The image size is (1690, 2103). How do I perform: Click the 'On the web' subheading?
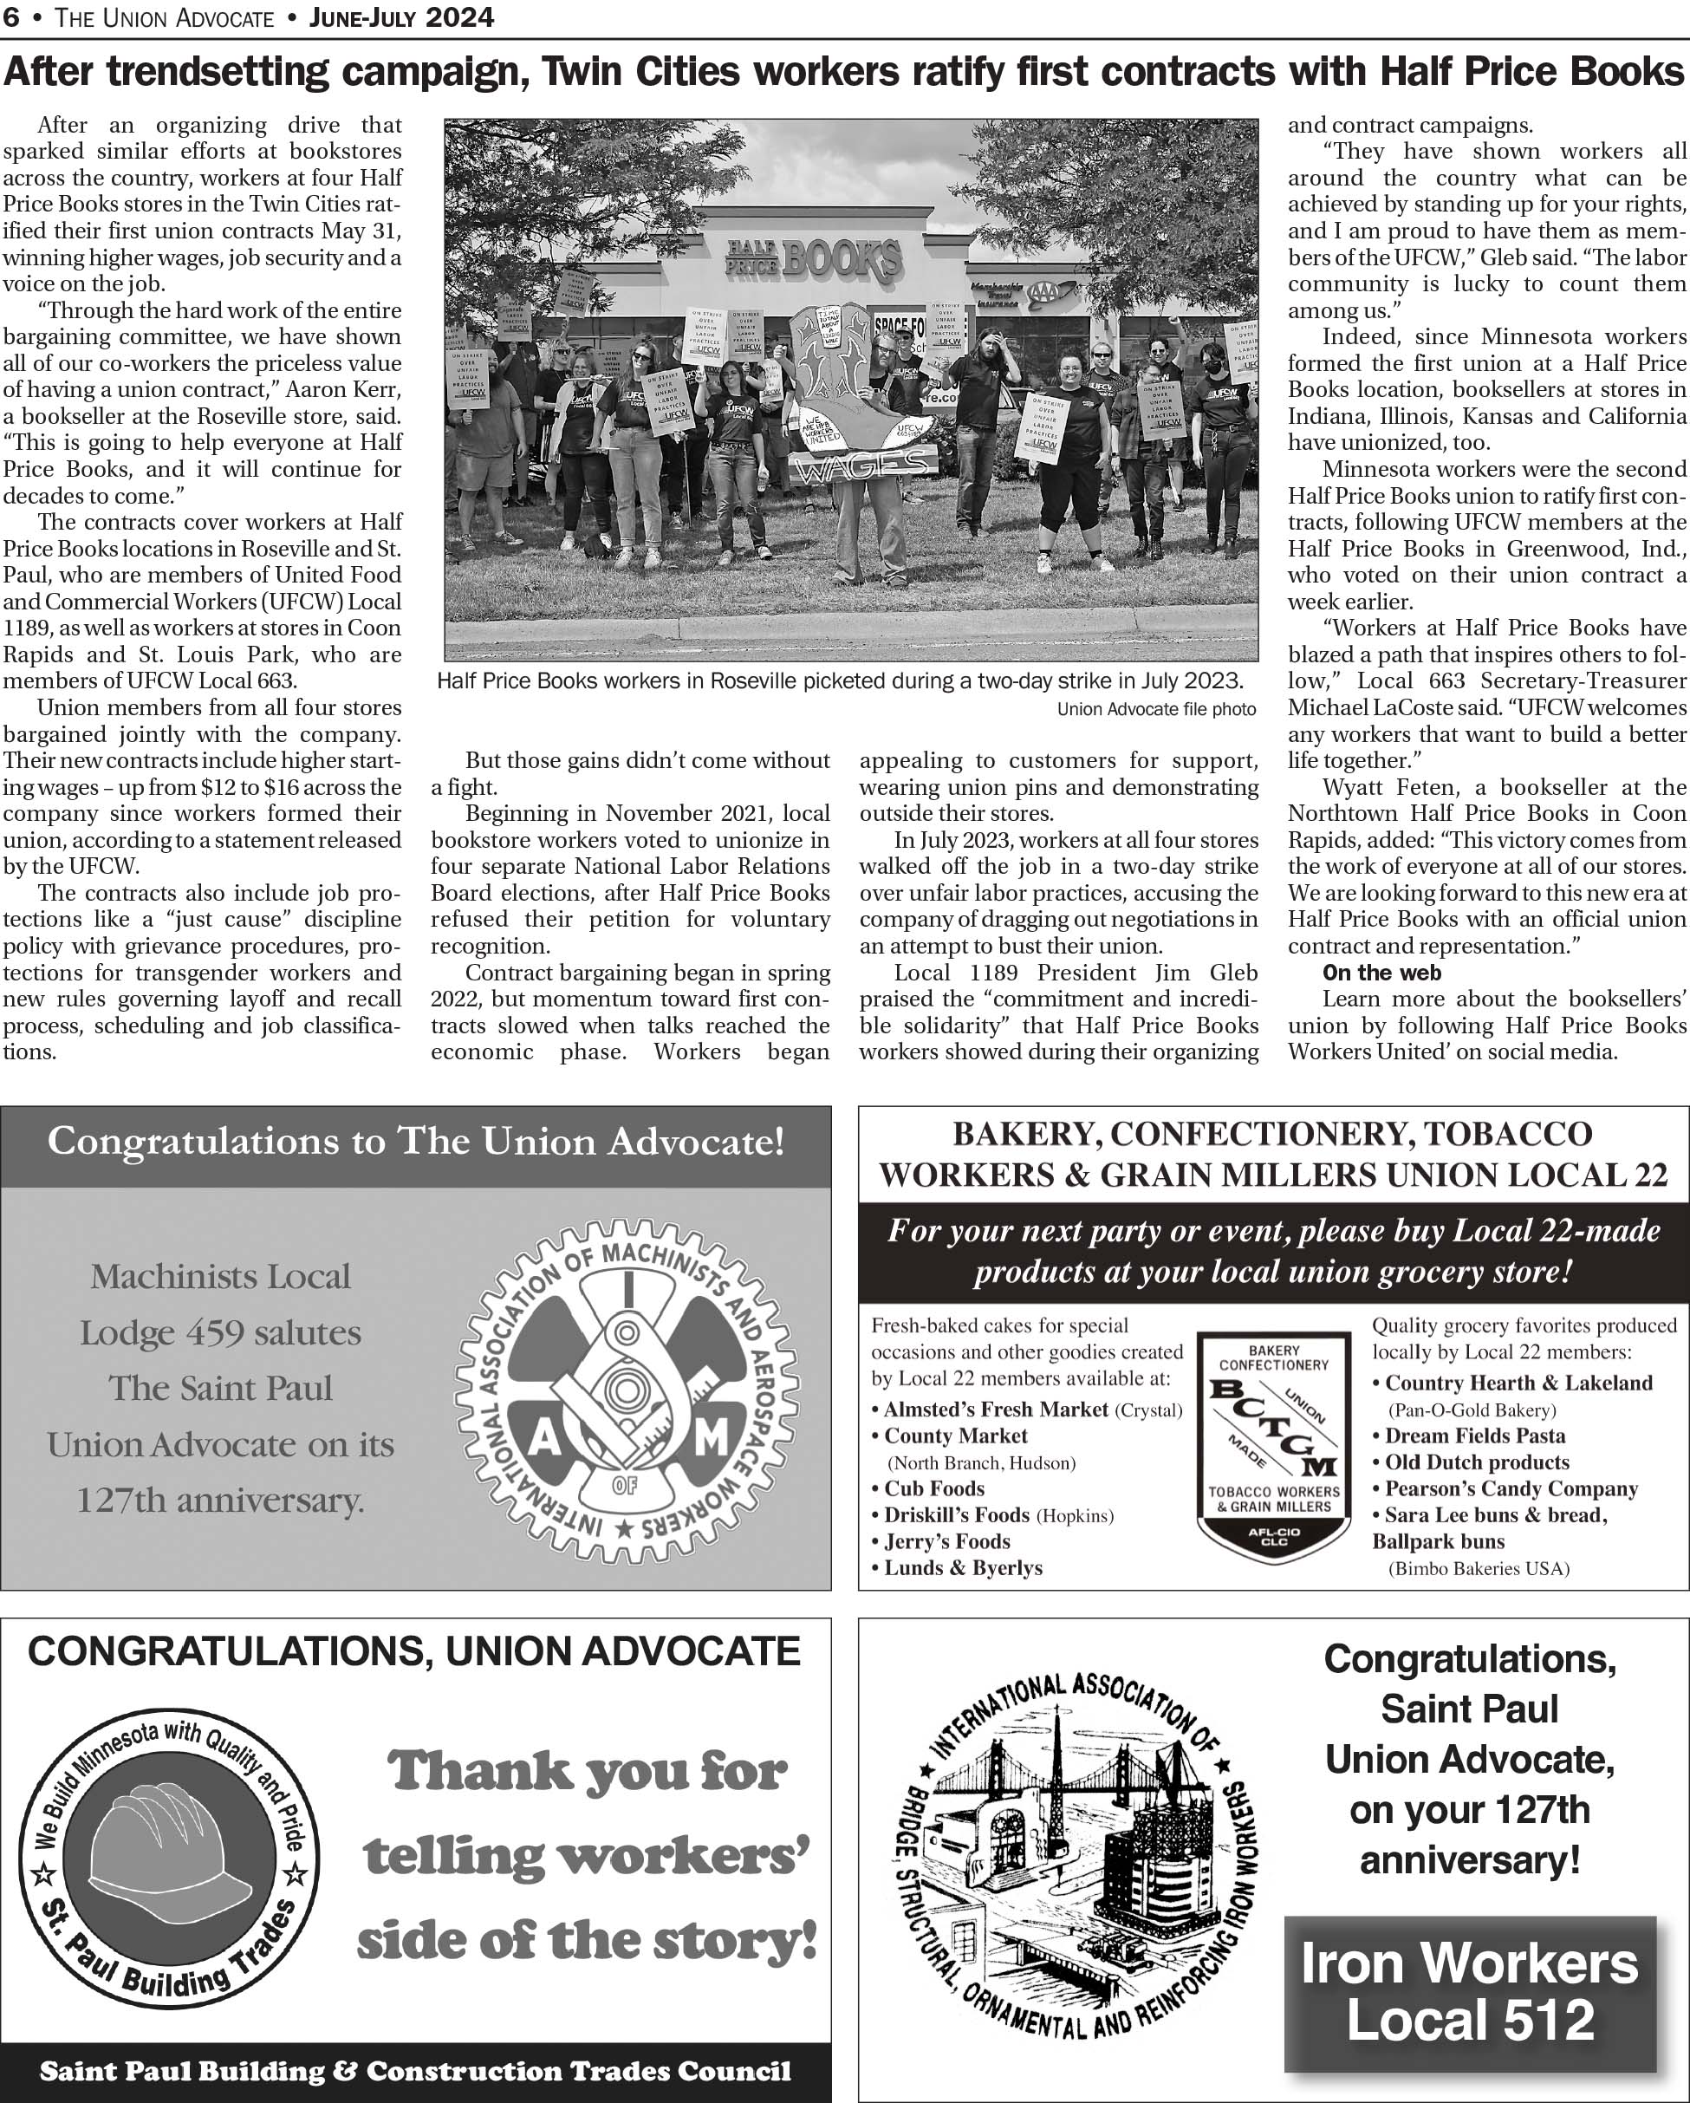pos(1381,973)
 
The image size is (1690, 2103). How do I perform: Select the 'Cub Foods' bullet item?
pos(933,1488)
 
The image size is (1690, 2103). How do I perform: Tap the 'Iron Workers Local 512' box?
pos(1470,1992)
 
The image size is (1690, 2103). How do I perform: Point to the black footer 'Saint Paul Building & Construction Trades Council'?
pos(415,2072)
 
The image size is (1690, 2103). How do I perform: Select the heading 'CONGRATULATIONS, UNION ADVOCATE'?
pos(413,1651)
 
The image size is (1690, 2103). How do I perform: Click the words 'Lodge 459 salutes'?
pos(220,1332)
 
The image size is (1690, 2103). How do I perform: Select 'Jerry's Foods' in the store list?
pos(946,1541)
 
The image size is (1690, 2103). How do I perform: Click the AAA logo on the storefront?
pos(1053,290)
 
